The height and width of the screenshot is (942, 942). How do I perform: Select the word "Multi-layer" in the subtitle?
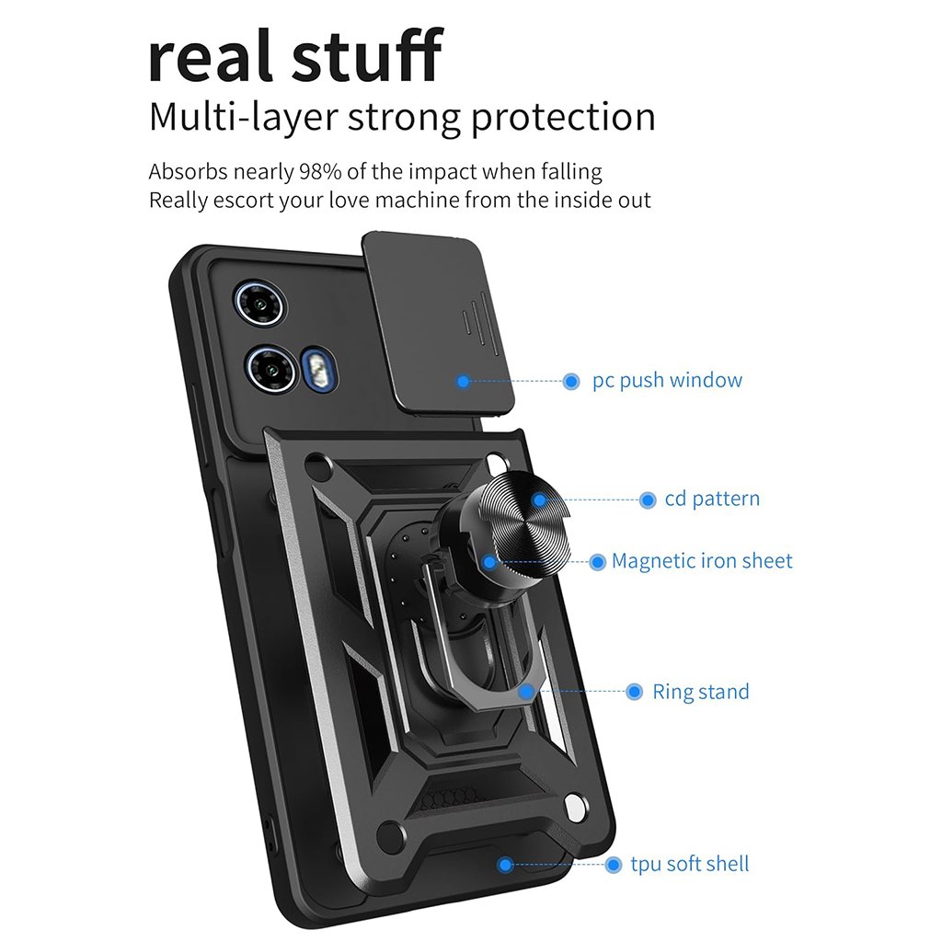click(235, 119)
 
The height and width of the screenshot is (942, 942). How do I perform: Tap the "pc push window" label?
click(667, 380)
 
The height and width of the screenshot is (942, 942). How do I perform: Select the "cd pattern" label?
click(712, 499)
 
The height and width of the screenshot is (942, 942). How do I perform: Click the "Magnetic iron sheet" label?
click(702, 561)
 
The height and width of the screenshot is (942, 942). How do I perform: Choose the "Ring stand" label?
click(701, 692)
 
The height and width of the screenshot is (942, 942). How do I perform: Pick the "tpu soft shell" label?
click(690, 865)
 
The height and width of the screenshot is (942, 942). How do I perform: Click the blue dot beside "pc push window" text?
click(571, 381)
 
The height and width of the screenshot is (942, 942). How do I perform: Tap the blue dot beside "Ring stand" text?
click(634, 692)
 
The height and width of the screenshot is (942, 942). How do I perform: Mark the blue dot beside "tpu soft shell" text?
click(614, 865)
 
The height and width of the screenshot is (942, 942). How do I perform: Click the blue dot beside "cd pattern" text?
click(648, 500)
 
